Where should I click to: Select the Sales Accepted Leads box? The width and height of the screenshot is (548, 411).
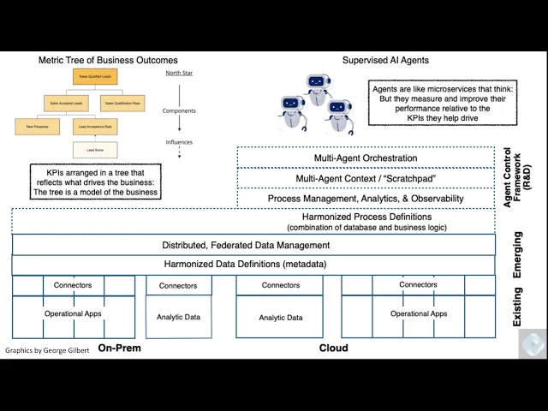pos(65,104)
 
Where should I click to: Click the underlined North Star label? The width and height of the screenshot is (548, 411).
pos(178,74)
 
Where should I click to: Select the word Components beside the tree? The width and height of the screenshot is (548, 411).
pos(178,110)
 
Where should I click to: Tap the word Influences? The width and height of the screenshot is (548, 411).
pos(179,142)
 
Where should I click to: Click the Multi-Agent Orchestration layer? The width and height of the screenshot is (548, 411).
pos(366,158)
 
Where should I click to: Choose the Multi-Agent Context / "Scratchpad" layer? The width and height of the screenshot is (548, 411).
pos(366,178)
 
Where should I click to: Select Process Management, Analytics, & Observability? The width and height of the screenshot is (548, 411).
pos(366,199)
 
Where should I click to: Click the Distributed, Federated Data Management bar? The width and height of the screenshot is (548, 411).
pos(247,245)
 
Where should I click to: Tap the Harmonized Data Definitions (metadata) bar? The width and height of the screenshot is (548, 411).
pos(247,265)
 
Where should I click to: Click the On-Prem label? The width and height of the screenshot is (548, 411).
pos(119,348)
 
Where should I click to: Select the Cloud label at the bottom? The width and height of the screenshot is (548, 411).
pos(333,348)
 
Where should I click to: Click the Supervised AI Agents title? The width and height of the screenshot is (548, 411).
pos(385,61)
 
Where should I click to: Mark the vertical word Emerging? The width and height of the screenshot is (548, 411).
pos(517,253)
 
